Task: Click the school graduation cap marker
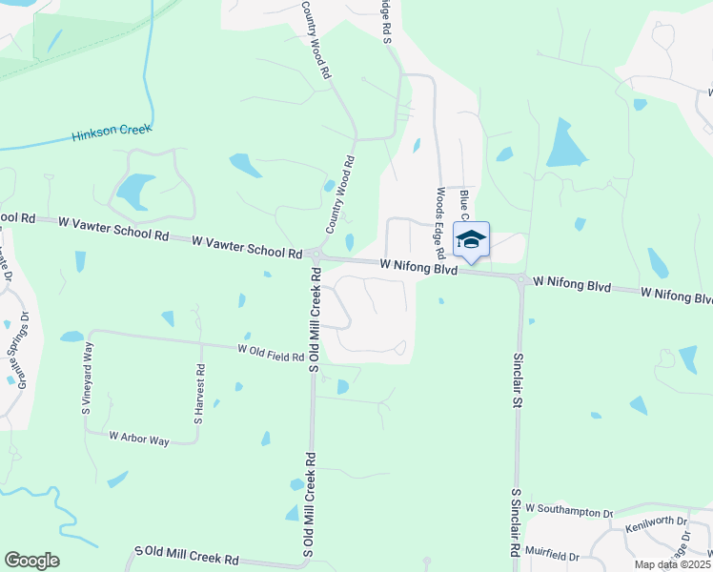pos(471,239)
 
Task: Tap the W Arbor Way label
pos(138,439)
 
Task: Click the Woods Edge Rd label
pos(441,223)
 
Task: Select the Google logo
pos(31,561)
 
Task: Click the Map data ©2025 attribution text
pos(671,564)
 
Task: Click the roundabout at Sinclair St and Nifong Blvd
pos(520,279)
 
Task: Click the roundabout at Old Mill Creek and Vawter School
pos(316,256)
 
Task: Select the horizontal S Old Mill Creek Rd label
pos(187,556)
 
